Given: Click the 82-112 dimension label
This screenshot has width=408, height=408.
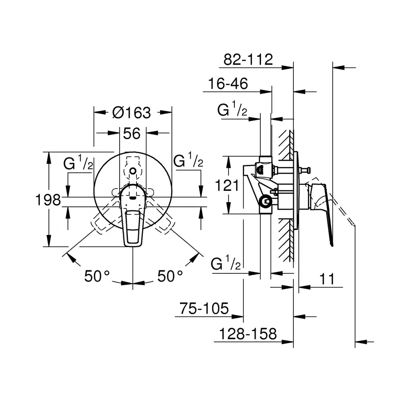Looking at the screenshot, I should pos(249,59).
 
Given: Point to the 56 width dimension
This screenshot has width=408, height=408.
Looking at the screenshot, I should pos(132,133).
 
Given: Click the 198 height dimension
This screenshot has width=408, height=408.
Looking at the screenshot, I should pos(49,199).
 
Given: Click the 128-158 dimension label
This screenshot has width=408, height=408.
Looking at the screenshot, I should pos(248,334).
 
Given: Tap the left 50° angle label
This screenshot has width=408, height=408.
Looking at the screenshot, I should pos(97,276).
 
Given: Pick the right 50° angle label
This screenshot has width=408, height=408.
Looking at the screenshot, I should pos(170,276).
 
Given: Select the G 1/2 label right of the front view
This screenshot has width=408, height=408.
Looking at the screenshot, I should pos(188,161).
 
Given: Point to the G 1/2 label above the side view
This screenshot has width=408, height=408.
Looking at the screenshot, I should pos(232,110).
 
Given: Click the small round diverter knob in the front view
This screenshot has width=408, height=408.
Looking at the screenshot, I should pos(132,171).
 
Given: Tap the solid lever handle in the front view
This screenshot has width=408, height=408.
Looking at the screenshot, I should pos(132,218).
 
